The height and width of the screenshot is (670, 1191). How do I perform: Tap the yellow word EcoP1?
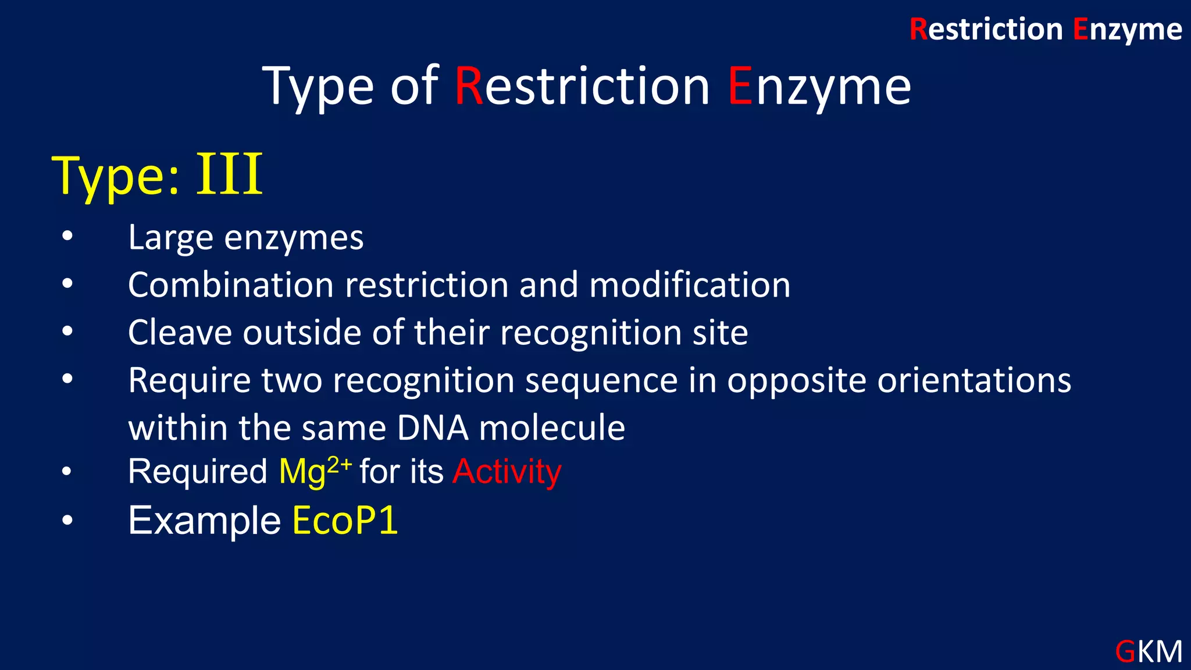pos(345,520)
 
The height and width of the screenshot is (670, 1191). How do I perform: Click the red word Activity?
pos(507,471)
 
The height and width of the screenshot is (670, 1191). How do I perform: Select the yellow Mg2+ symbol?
pos(315,472)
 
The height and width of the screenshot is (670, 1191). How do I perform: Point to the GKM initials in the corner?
pos(1149,651)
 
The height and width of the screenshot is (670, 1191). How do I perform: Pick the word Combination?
pos(231,285)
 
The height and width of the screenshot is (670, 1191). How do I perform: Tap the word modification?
pos(690,285)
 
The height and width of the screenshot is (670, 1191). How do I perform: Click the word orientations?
pos(974,380)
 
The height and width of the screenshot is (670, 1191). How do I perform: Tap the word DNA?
pos(433,428)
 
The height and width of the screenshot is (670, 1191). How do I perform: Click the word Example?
pos(205,521)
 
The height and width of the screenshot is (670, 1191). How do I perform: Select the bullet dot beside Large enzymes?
pos(67,236)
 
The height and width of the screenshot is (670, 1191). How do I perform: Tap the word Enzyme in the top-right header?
pos(1127,30)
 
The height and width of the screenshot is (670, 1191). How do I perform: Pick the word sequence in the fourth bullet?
pos(602,382)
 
